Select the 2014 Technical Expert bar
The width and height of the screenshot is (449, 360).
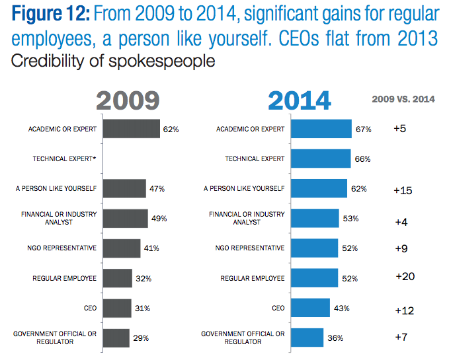(320, 159)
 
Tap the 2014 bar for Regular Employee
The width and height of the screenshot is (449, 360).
(314, 277)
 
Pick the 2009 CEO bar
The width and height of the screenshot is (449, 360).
(118, 308)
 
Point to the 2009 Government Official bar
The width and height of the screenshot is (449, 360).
(116, 338)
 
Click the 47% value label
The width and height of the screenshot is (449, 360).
(157, 189)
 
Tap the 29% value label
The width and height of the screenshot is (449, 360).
(140, 338)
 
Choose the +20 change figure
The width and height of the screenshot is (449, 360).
(404, 276)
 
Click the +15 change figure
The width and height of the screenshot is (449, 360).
(403, 190)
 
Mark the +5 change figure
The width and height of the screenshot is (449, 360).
(399, 128)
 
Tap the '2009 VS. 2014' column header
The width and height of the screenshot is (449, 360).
(403, 99)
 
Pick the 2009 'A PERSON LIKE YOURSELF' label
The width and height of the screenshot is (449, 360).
(56, 189)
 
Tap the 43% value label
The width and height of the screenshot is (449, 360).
(341, 308)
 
